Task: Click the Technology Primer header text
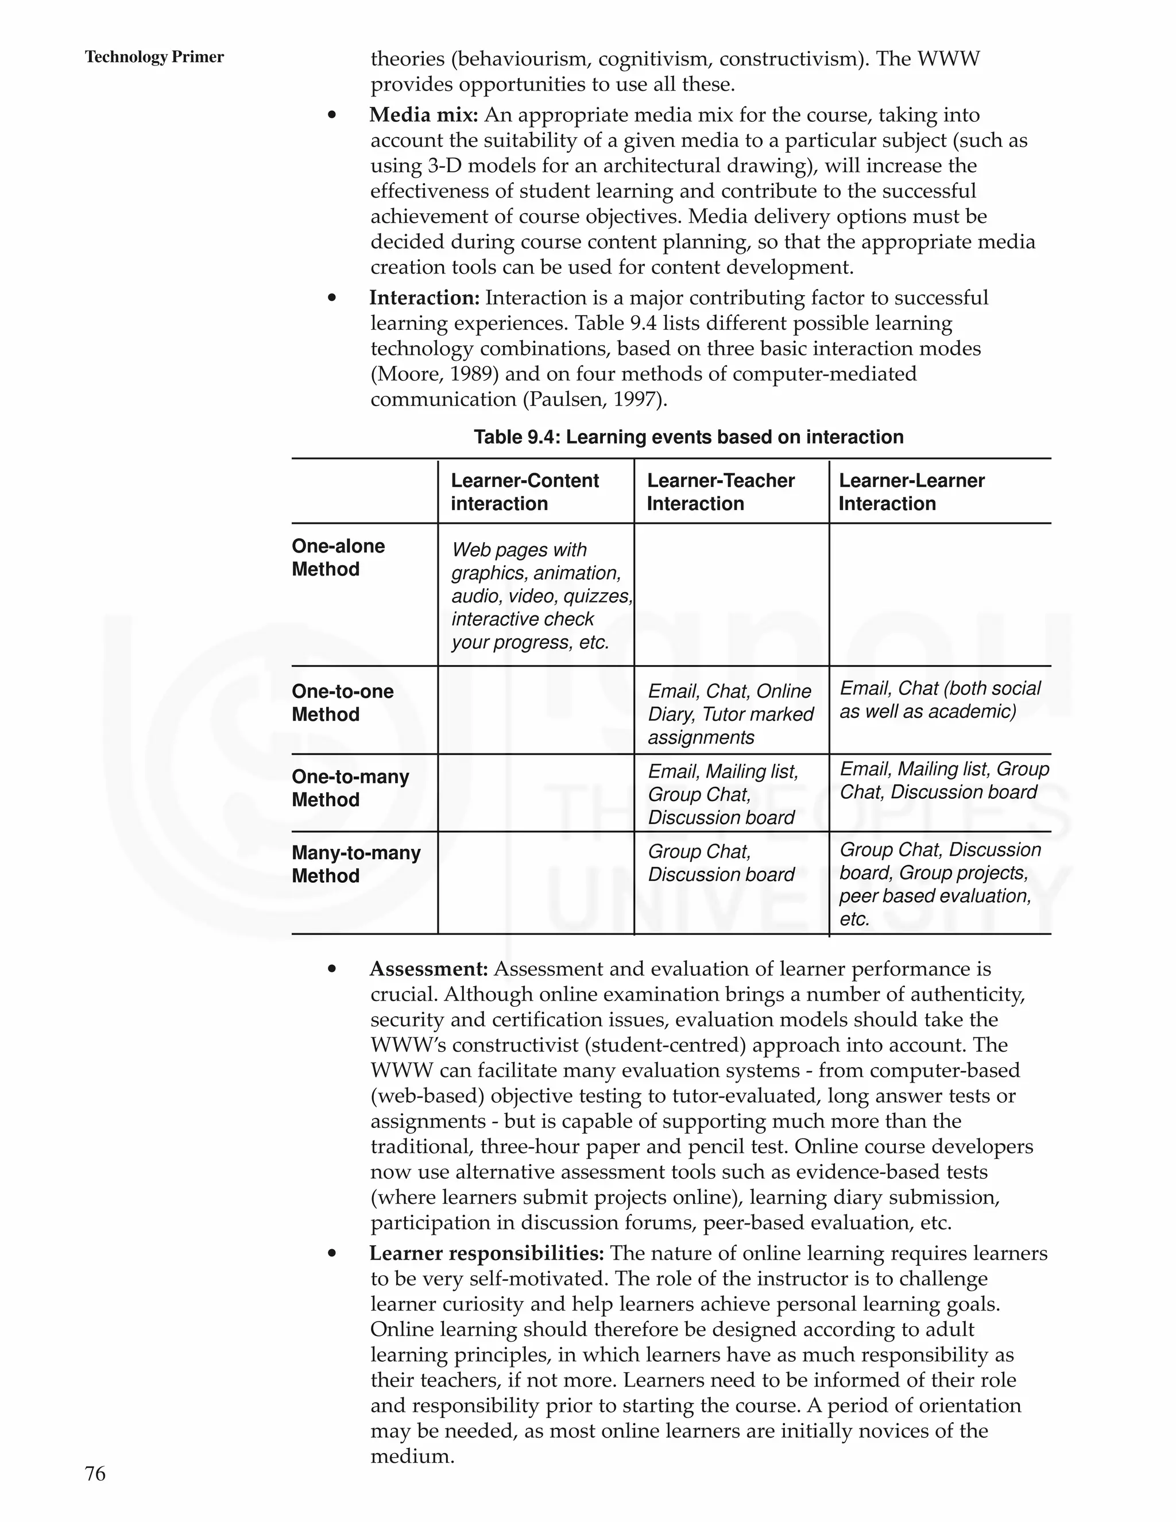click(154, 57)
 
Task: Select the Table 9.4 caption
click(688, 437)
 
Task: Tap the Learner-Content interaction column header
click(525, 492)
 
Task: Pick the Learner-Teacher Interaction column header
click(721, 492)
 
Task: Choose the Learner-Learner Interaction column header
click(911, 492)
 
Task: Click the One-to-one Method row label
click(342, 702)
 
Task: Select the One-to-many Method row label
click(350, 788)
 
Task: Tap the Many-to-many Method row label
click(355, 864)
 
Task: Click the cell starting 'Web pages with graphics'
click(536, 596)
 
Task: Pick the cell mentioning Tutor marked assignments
click(730, 714)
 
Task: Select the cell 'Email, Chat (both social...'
click(939, 700)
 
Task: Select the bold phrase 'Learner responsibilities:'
click(486, 1254)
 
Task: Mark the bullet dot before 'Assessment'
click(332, 969)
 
